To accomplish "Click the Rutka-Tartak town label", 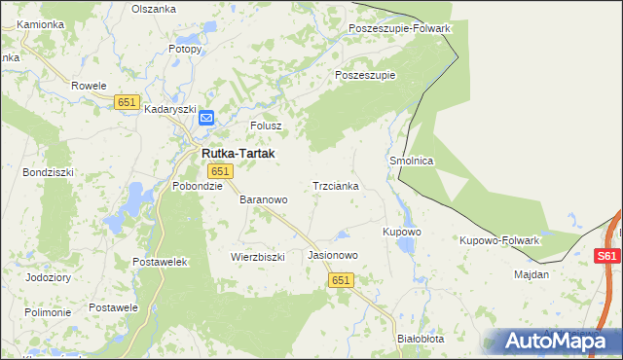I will (x=238, y=154).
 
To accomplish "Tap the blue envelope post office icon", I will (x=206, y=118).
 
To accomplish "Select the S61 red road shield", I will (x=606, y=256).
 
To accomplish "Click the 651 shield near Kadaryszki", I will (x=127, y=102).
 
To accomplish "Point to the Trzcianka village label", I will (x=336, y=185).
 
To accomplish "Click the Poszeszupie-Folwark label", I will (x=399, y=28).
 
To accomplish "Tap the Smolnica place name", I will (x=411, y=161).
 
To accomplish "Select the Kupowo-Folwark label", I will (x=499, y=239).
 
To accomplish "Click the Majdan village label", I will (x=531, y=274).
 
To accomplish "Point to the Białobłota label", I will (x=421, y=339).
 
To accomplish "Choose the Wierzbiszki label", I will (x=257, y=257).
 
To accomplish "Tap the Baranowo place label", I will (x=264, y=199).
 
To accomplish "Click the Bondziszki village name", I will (x=47, y=172).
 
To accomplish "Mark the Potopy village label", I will (x=185, y=48).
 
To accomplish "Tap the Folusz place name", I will (x=266, y=126).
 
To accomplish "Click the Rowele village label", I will (x=89, y=86).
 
